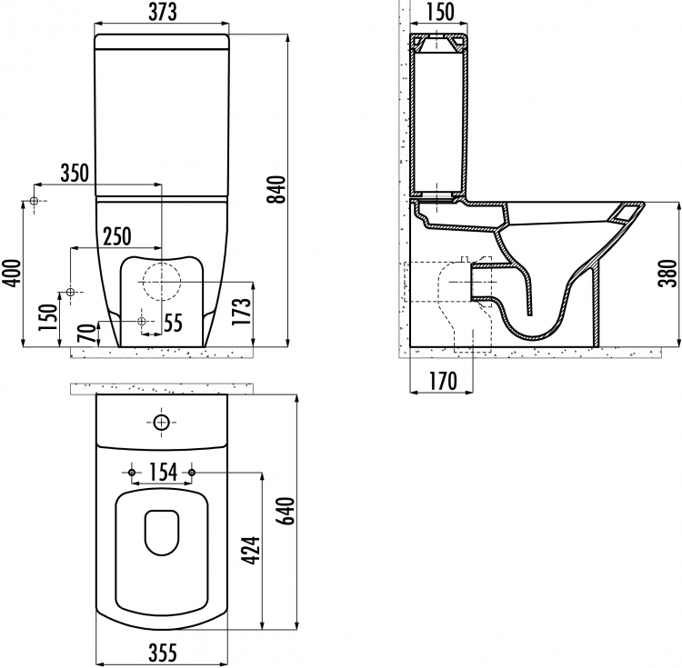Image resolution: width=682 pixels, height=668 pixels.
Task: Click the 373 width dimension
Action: (163, 13)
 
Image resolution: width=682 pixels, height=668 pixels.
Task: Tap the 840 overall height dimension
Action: (276, 189)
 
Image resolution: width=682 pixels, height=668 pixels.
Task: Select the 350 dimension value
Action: (75, 173)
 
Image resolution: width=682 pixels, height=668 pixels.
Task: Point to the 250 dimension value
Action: (117, 236)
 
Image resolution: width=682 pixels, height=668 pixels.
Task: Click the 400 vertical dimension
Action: (12, 273)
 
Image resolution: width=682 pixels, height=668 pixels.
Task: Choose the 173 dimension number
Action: (242, 311)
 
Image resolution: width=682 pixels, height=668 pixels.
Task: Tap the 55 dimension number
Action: (174, 324)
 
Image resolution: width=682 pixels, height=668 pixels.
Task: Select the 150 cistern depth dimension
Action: (440, 13)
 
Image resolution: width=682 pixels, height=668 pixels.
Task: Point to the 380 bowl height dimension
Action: (668, 273)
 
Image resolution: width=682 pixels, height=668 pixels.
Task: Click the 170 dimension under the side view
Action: (443, 381)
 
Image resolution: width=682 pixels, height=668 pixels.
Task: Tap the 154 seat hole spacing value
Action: (163, 472)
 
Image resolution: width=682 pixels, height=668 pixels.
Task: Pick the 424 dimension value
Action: (251, 551)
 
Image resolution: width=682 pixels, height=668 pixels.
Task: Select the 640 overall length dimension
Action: (286, 511)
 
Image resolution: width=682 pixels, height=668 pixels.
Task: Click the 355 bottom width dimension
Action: (163, 653)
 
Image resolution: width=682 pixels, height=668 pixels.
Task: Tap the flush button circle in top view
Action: (161, 422)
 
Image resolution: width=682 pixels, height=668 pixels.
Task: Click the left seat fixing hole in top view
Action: (132, 473)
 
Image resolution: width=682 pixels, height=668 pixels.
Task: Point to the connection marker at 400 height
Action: (34, 201)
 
